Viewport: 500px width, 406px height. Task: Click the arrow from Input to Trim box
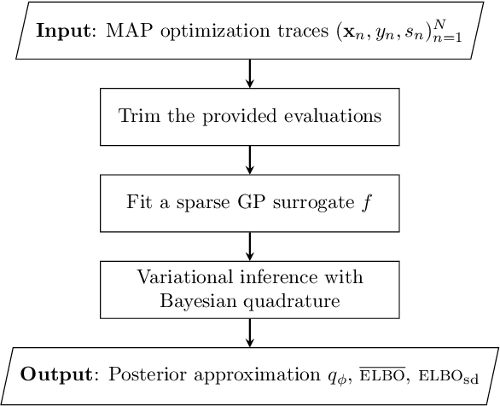click(250, 72)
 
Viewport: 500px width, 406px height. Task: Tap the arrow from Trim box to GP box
click(250, 159)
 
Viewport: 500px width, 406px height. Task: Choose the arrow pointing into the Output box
click(250, 333)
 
